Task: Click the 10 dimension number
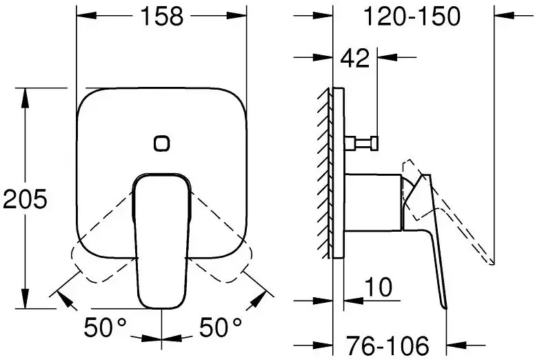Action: click(x=378, y=287)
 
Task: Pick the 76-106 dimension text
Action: click(x=387, y=343)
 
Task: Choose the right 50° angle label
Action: click(x=220, y=326)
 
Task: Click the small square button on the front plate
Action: click(x=161, y=143)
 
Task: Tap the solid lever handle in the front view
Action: click(x=161, y=241)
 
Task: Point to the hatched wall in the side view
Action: click(x=325, y=172)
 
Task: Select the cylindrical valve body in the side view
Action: click(x=372, y=200)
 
